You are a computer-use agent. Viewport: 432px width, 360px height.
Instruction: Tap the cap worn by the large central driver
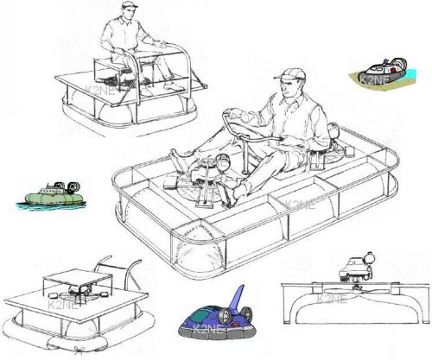pos(289,74)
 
